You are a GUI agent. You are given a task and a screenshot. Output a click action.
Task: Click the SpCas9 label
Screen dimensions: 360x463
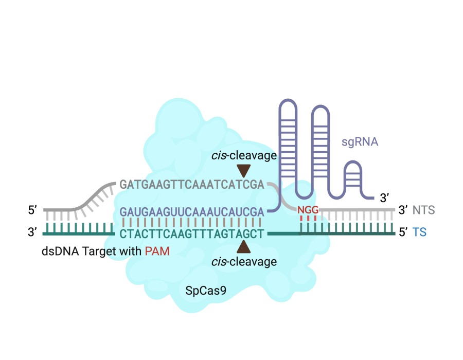coord(205,291)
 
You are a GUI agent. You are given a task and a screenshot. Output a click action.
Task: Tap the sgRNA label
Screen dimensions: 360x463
coord(360,141)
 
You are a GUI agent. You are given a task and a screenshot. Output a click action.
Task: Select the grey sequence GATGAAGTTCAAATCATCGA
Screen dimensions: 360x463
coord(191,184)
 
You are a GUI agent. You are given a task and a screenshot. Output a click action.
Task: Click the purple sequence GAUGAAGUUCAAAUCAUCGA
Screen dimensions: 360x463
coord(191,211)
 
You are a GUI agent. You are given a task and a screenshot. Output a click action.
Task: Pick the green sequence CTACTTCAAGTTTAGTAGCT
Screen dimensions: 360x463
coord(191,233)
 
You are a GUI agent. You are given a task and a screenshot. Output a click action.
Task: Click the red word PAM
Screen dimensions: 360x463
coord(157,251)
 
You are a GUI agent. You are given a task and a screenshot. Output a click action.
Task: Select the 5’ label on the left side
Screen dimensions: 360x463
coord(33,210)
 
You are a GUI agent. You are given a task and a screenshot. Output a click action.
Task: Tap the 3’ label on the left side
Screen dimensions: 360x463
coord(33,233)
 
